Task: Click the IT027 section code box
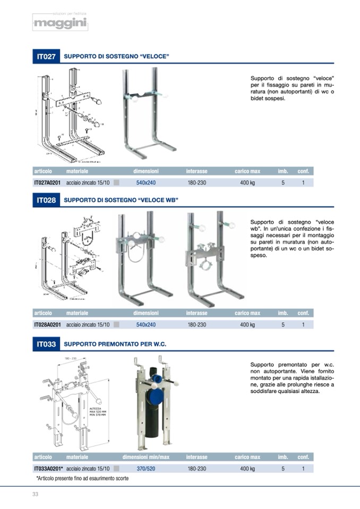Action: tap(46, 56)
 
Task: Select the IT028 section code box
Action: tap(46, 200)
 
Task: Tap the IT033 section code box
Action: tap(46, 344)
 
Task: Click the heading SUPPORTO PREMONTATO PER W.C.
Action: tap(115, 344)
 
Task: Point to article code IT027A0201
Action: tap(47, 183)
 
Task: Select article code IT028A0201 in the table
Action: tap(47, 325)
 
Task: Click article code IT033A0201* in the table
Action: tap(48, 469)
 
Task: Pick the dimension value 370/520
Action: tap(146, 469)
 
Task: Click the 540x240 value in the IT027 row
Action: tap(146, 183)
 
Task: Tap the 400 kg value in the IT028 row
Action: tap(247, 325)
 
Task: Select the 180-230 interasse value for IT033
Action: tap(196, 469)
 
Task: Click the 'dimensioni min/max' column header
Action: tap(146, 457)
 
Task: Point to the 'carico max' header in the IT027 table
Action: tap(247, 171)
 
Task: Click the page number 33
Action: tap(36, 495)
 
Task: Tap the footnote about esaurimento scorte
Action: tap(82, 478)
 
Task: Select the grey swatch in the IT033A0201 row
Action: tap(117, 469)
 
